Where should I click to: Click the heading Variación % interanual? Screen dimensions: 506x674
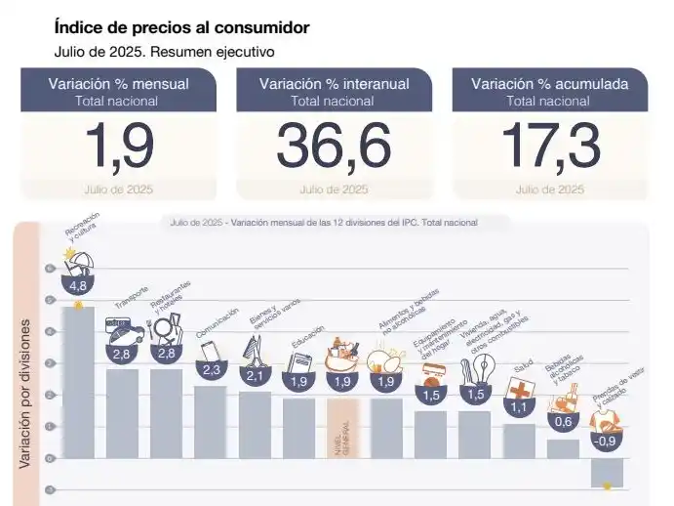point(334,84)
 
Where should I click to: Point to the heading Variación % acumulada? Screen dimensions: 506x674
point(550,84)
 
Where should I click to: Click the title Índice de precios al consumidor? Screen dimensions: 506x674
point(183,29)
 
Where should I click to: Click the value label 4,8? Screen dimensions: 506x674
point(78,286)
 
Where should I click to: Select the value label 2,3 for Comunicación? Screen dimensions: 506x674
point(210,370)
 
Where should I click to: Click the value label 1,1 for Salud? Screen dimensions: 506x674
point(519,407)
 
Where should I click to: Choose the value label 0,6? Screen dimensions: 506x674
point(563,423)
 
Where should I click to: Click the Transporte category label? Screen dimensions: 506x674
point(132,296)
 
